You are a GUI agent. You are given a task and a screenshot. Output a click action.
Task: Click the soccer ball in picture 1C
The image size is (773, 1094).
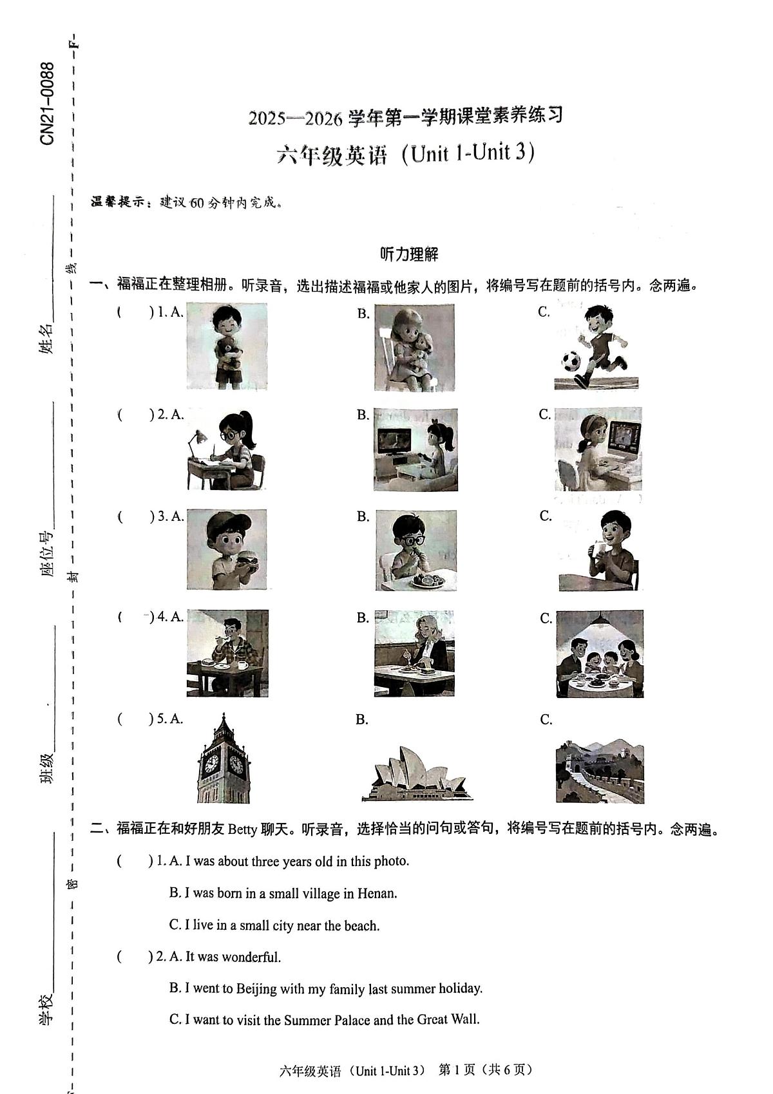coord(570,361)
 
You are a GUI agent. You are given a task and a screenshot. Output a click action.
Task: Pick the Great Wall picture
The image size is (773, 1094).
coord(599,771)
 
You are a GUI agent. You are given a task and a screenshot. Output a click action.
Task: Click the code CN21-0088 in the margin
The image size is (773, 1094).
coord(47,104)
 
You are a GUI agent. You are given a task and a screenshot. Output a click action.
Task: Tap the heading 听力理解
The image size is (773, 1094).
coord(409,254)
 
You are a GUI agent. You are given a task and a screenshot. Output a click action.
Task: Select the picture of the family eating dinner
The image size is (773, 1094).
coord(599,654)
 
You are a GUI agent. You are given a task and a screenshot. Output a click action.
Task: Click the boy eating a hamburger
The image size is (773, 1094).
coord(227,549)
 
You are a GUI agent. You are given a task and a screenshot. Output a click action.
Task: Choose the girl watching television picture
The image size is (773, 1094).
coord(415,449)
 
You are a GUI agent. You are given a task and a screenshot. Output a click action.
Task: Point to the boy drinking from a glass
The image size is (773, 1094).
coord(599,550)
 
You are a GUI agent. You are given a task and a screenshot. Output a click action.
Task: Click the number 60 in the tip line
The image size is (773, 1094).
coord(197,203)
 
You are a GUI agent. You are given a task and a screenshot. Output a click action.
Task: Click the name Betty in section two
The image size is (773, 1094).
coord(242,829)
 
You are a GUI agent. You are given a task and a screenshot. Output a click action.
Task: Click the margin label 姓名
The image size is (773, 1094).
coord(46,339)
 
